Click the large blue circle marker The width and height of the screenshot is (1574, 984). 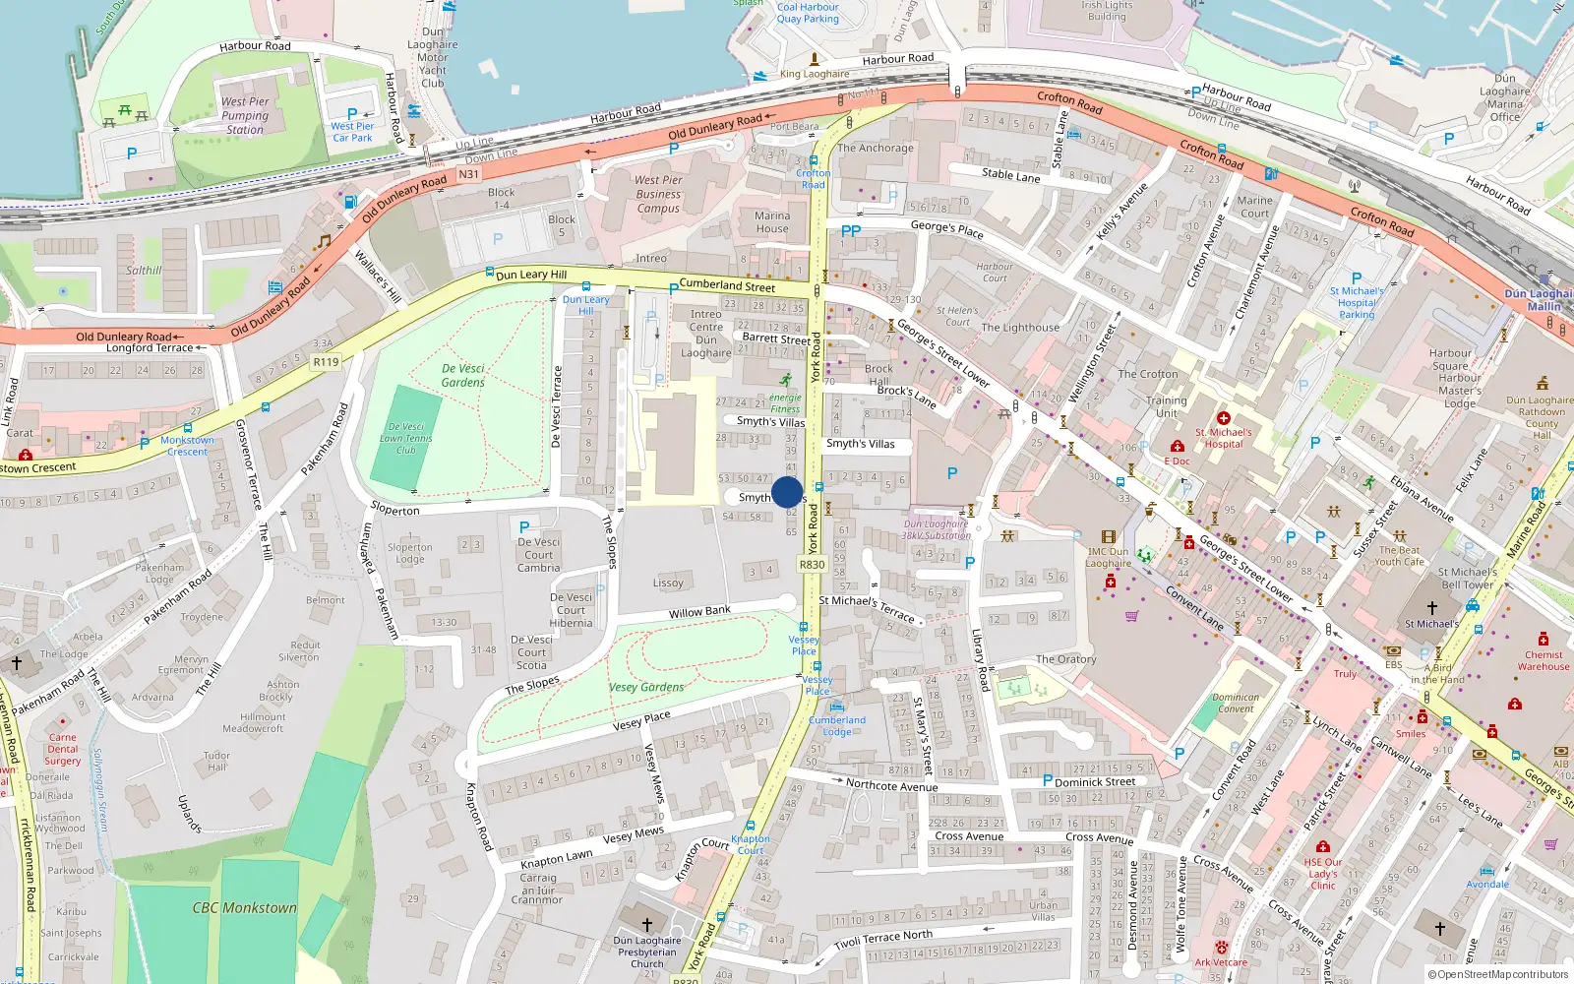(787, 492)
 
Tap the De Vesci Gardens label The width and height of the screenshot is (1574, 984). (462, 375)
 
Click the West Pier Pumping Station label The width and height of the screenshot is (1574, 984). (245, 115)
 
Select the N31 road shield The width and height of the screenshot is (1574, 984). (468, 174)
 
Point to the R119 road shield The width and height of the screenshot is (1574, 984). (326, 362)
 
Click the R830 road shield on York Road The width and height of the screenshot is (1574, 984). (812, 565)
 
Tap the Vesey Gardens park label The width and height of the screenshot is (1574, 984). (646, 687)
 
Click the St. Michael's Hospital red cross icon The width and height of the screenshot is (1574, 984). (1224, 418)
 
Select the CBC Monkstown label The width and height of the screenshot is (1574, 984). (244, 907)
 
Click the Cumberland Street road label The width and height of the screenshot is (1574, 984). (727, 285)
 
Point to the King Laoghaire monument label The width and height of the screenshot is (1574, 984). (815, 74)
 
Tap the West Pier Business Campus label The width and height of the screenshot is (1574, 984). (658, 194)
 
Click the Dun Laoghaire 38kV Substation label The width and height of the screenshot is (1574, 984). (937, 529)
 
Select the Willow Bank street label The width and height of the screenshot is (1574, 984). (699, 612)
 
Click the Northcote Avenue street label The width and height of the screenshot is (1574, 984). (891, 785)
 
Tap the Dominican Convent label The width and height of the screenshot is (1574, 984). (1236, 703)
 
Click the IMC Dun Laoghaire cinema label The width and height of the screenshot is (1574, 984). (1108, 557)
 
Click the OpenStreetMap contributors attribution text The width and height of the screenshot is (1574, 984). (1497, 974)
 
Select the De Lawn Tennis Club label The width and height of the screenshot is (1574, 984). (405, 438)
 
